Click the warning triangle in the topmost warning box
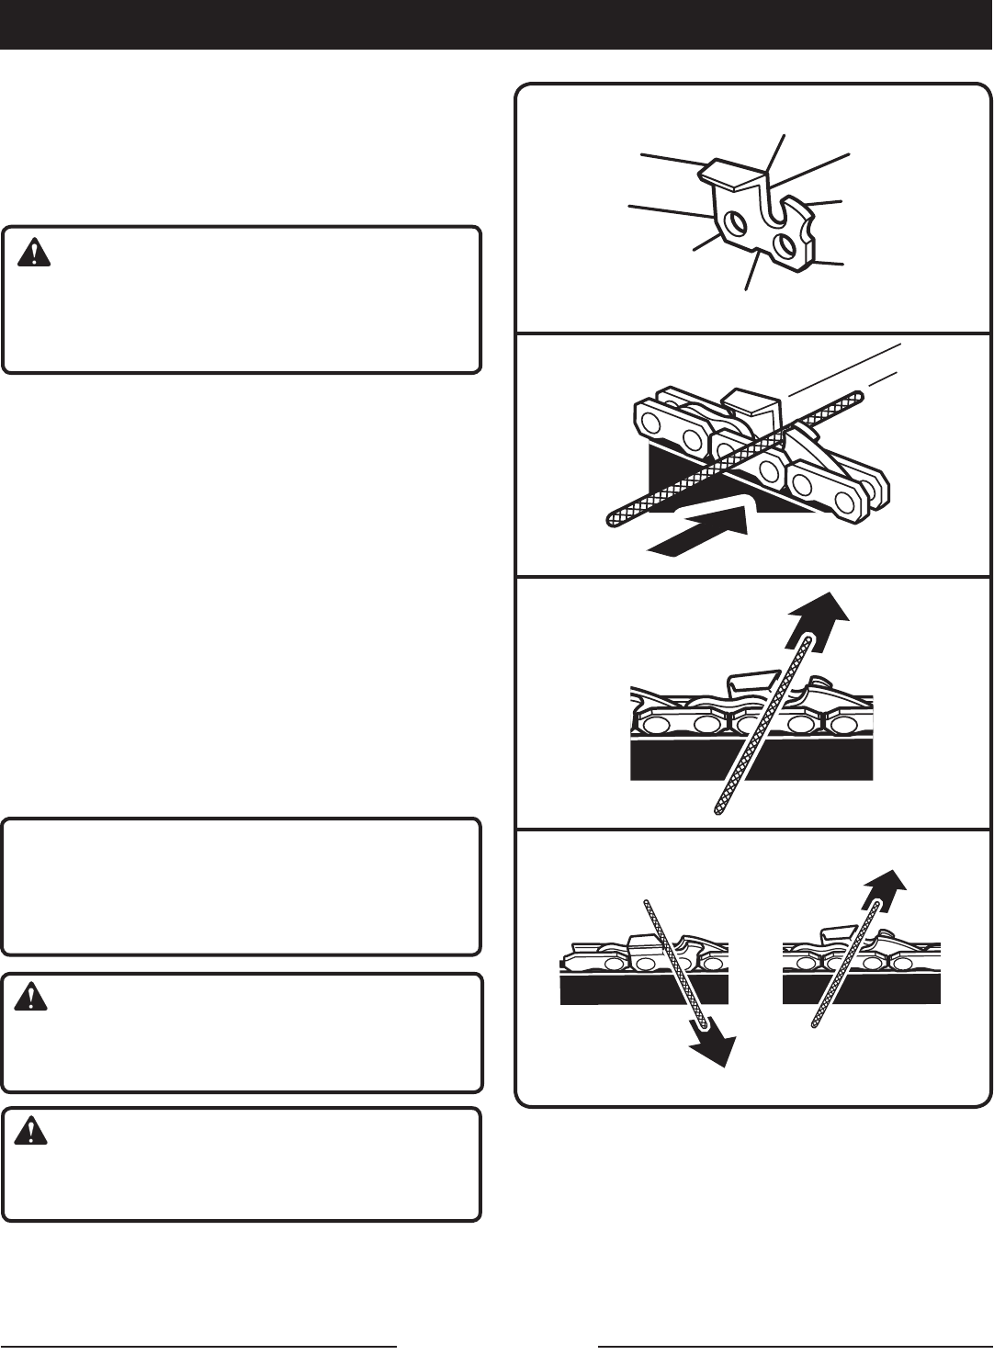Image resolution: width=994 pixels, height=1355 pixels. [x=34, y=252]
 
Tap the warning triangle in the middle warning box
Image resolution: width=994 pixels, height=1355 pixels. [x=34, y=999]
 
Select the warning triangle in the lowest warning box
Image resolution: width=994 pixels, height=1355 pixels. [x=34, y=1132]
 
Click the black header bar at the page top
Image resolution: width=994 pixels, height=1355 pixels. [x=496, y=24]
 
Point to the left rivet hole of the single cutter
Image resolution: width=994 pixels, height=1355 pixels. [x=733, y=224]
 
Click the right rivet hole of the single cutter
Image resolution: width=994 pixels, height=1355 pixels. [x=785, y=244]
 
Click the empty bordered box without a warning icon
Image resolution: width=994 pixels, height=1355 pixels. [x=241, y=886]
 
